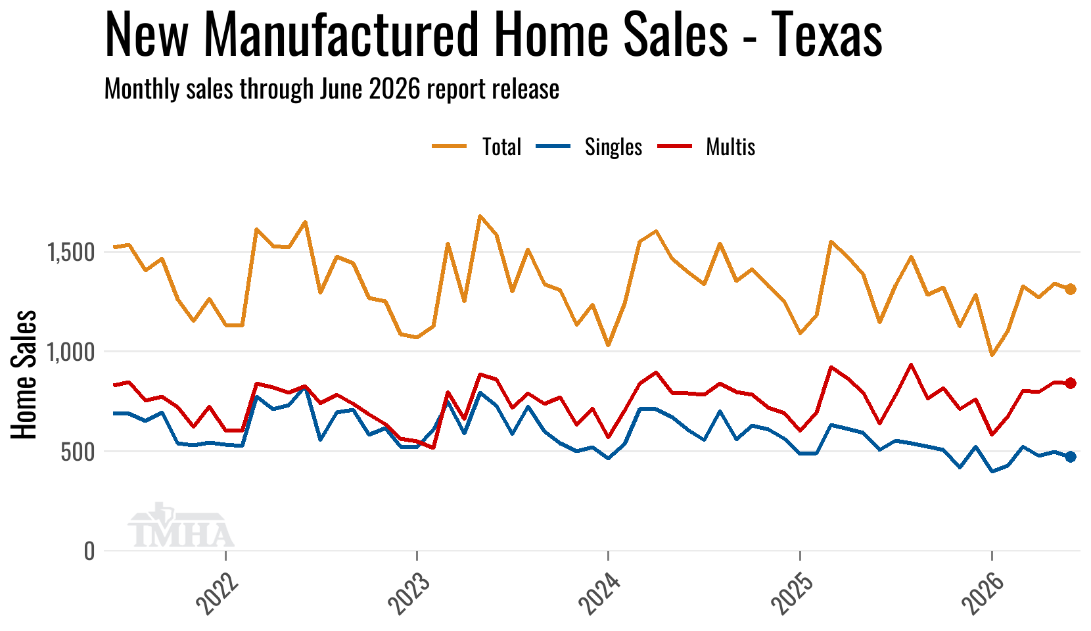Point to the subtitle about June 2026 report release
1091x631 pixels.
pyautogui.click(x=332, y=89)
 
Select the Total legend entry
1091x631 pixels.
pyautogui.click(x=476, y=146)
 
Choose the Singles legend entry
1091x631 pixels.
pyautogui.click(x=589, y=147)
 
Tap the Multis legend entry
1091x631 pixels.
pyautogui.click(x=707, y=146)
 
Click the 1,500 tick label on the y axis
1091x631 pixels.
pyautogui.click(x=70, y=252)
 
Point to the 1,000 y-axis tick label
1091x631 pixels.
pyautogui.click(x=70, y=352)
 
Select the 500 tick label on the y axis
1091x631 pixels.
pyautogui.click(x=78, y=452)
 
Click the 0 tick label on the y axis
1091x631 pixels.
pyautogui.click(x=89, y=551)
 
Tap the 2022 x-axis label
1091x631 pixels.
pyautogui.click(x=217, y=593)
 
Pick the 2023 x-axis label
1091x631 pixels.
pyautogui.click(x=408, y=593)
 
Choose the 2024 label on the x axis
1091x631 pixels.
pyautogui.click(x=599, y=593)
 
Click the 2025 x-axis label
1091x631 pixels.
pyautogui.click(x=791, y=593)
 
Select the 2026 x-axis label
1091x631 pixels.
pyautogui.click(x=983, y=593)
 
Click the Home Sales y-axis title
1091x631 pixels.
pyautogui.click(x=24, y=375)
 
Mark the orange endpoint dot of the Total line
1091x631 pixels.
pyautogui.click(x=1070, y=289)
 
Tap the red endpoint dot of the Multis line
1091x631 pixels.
pyautogui.click(x=1070, y=383)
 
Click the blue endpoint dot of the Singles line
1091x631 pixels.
pyautogui.click(x=1070, y=457)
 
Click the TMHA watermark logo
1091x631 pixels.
pyautogui.click(x=181, y=525)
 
